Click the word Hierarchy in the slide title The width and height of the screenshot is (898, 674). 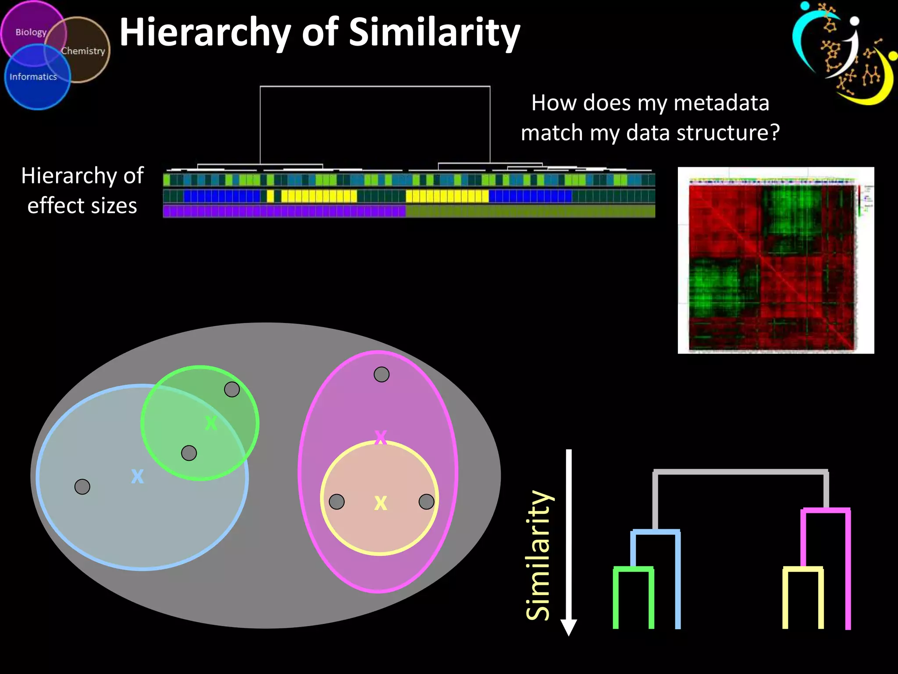pyautogui.click(x=205, y=33)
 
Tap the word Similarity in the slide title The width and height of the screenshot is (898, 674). pyautogui.click(x=434, y=33)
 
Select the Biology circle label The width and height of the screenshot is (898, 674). pyautogui.click(x=31, y=32)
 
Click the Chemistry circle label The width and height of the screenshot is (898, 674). pyautogui.click(x=83, y=51)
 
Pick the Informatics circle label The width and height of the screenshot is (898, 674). pyautogui.click(x=33, y=77)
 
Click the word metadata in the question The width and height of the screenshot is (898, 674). pyautogui.click(x=721, y=103)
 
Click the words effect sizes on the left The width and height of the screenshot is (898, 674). pyautogui.click(x=82, y=206)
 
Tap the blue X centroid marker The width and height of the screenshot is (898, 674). pyautogui.click(x=137, y=476)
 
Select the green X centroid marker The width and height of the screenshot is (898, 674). pyautogui.click(x=211, y=423)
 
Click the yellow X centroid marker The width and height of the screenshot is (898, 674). pyautogui.click(x=381, y=503)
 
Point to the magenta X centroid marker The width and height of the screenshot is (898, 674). pyautogui.click(x=381, y=437)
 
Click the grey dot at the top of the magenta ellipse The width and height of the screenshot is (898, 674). pyautogui.click(x=381, y=374)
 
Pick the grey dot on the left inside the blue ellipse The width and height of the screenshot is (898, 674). pyautogui.click(x=82, y=487)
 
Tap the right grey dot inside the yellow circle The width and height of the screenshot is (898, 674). pyautogui.click(x=426, y=502)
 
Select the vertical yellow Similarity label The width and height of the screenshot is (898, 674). pyautogui.click(x=538, y=555)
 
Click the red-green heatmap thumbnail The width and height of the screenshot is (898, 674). pyautogui.click(x=775, y=261)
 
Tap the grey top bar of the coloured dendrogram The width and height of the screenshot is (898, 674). pyautogui.click(x=740, y=472)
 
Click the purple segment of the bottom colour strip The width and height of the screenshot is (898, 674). pyautogui.click(x=284, y=212)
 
